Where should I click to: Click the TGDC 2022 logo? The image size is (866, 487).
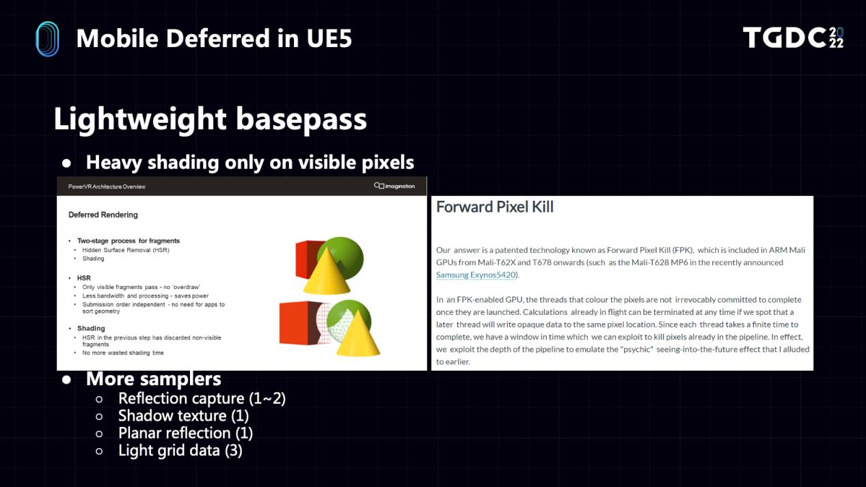(793, 38)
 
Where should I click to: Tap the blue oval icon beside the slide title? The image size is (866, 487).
(47, 39)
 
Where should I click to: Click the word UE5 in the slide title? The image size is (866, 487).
(329, 38)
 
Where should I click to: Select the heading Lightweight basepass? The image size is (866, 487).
(210, 119)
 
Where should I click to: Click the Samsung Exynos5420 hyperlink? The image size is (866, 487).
(476, 275)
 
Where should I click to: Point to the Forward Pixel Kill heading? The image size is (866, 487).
(495, 207)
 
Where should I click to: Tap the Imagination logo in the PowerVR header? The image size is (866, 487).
(394, 186)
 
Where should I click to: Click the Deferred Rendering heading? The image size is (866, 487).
(103, 214)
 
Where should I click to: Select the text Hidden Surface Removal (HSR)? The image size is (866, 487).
(126, 250)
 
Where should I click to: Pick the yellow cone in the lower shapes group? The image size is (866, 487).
(358, 334)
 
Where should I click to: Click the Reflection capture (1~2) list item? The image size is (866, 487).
(202, 398)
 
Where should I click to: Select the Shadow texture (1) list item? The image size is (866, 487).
(184, 415)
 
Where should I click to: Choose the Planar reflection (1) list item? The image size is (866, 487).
(186, 433)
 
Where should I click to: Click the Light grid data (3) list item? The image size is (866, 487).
(180, 450)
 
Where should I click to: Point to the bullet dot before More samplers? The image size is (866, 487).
(66, 380)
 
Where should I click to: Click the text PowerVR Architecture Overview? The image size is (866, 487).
(107, 186)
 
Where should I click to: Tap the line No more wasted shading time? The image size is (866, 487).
(123, 352)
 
